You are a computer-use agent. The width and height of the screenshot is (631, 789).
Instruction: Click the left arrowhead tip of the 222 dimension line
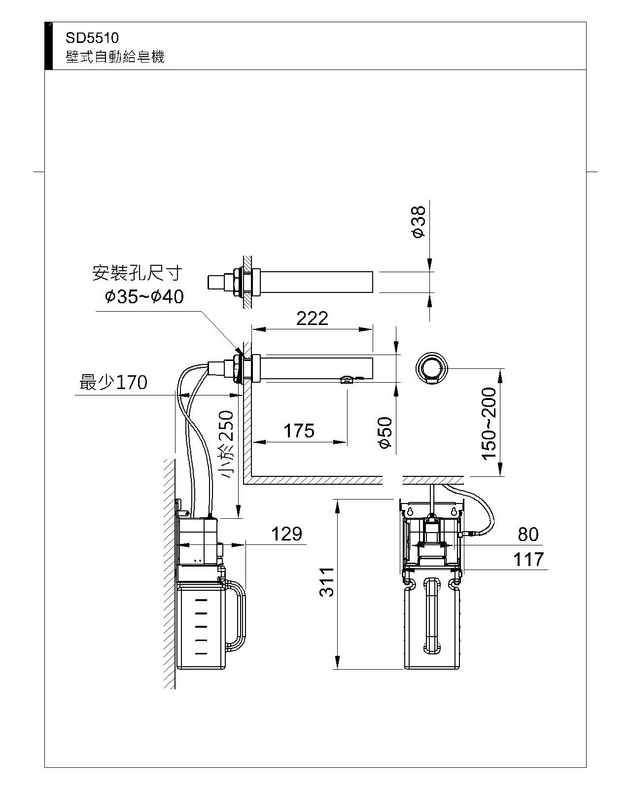click(252, 329)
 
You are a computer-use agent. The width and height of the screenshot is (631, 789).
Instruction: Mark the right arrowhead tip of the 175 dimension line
click(347, 442)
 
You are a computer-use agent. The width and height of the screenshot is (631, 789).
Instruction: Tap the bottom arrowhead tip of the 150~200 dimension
click(501, 476)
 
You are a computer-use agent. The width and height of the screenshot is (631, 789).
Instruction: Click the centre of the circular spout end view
click(432, 368)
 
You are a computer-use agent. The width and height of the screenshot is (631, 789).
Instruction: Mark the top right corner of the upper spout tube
click(373, 272)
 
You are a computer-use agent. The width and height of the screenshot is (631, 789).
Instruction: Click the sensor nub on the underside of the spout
click(347, 380)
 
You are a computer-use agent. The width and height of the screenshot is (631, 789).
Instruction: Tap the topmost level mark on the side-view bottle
click(201, 601)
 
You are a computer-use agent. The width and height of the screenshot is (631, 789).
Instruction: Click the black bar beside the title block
click(48, 46)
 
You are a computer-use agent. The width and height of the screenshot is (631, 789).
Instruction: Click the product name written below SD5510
click(115, 57)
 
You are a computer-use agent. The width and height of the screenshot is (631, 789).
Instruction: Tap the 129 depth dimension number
click(286, 534)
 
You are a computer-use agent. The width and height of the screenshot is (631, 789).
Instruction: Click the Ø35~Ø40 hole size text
click(144, 296)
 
